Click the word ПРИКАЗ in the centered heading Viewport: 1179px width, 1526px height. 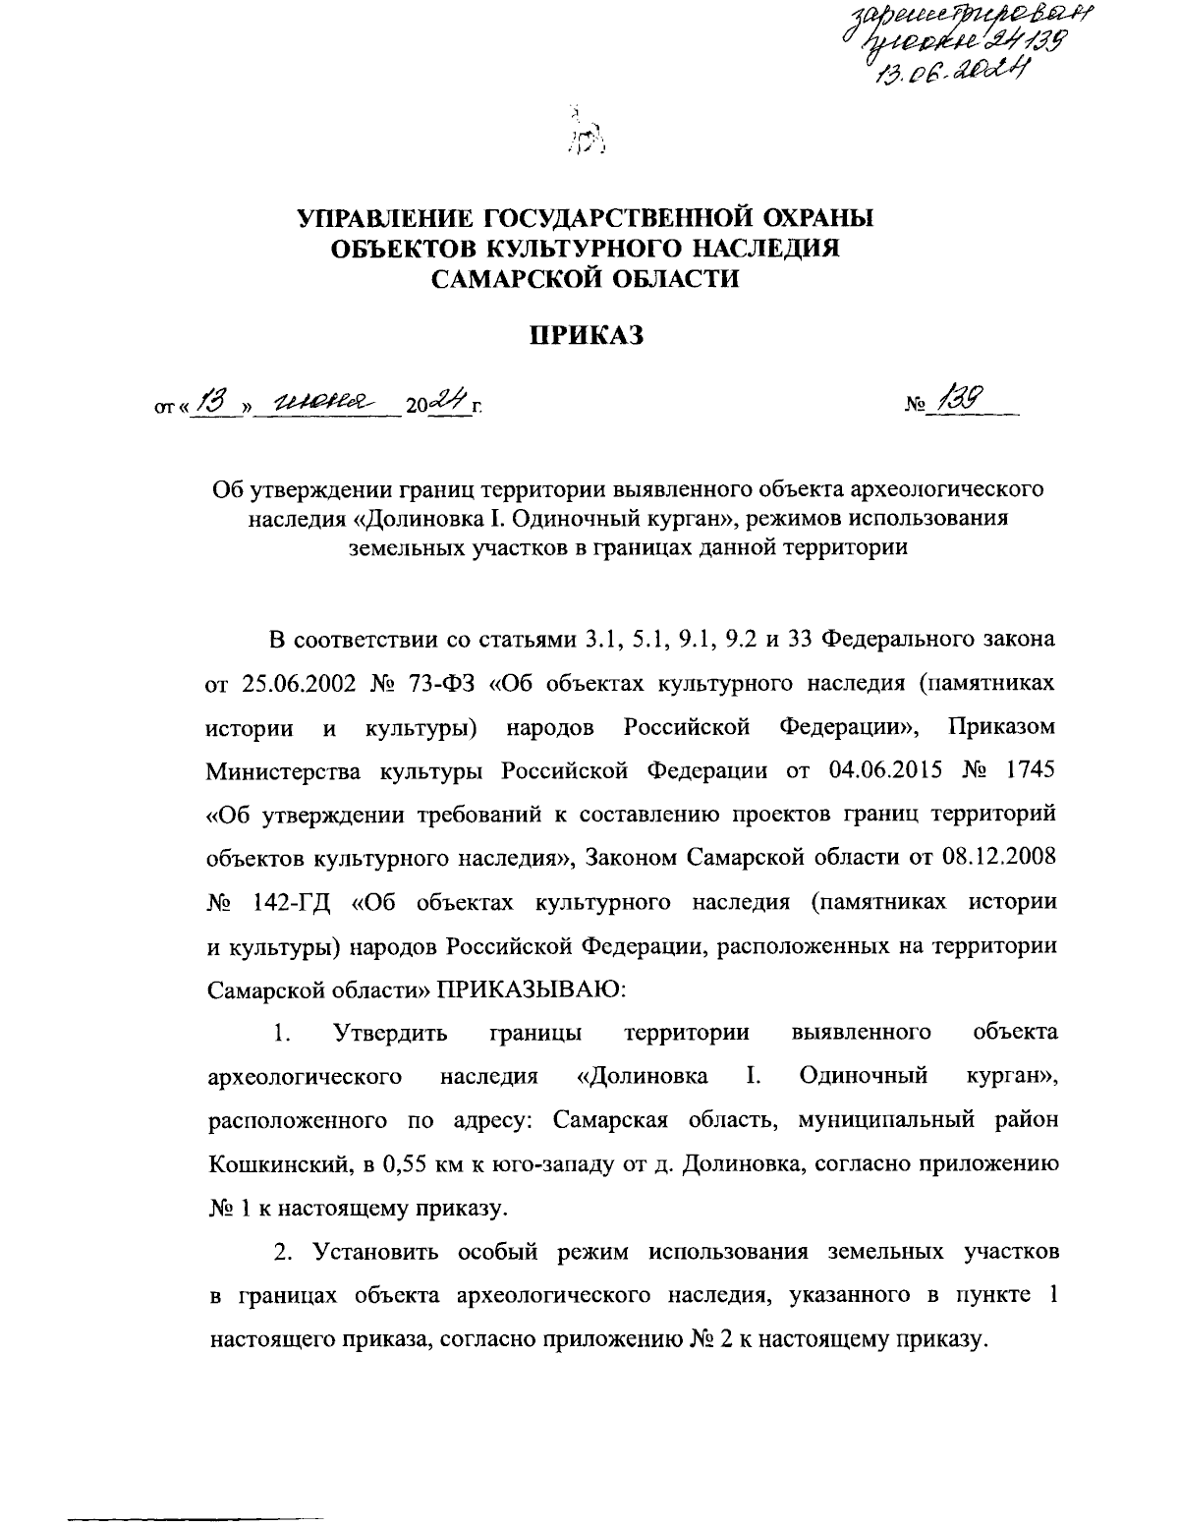point(587,336)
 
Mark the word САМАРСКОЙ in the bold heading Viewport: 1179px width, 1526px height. point(517,280)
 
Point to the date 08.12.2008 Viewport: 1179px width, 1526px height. point(992,857)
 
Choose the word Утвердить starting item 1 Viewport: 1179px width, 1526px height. point(390,1032)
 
